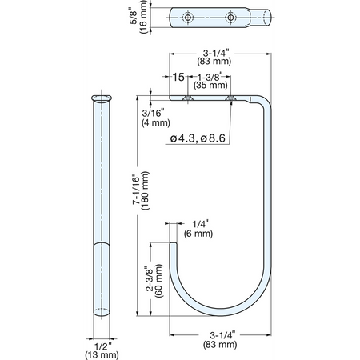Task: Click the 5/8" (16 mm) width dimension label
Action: (138, 17)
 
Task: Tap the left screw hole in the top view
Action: (188, 18)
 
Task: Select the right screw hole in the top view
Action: (230, 18)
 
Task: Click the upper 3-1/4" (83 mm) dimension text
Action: (214, 57)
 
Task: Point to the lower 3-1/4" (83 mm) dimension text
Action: (220, 340)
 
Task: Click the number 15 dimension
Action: (178, 77)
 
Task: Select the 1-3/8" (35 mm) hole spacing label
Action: (210, 81)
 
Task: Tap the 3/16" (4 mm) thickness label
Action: (156, 118)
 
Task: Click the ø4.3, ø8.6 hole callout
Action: (198, 138)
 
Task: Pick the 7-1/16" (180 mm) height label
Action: (141, 190)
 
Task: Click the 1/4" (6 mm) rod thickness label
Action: (198, 229)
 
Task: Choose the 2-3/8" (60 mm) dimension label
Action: (154, 281)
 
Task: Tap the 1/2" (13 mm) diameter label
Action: (102, 350)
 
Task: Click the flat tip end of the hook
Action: (173, 242)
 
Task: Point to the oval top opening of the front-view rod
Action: (102, 98)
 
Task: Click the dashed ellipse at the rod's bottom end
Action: (102, 312)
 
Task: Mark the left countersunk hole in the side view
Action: (188, 98)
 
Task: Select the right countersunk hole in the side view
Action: (230, 98)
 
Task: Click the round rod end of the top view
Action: (267, 18)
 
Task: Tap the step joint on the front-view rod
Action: (102, 244)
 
